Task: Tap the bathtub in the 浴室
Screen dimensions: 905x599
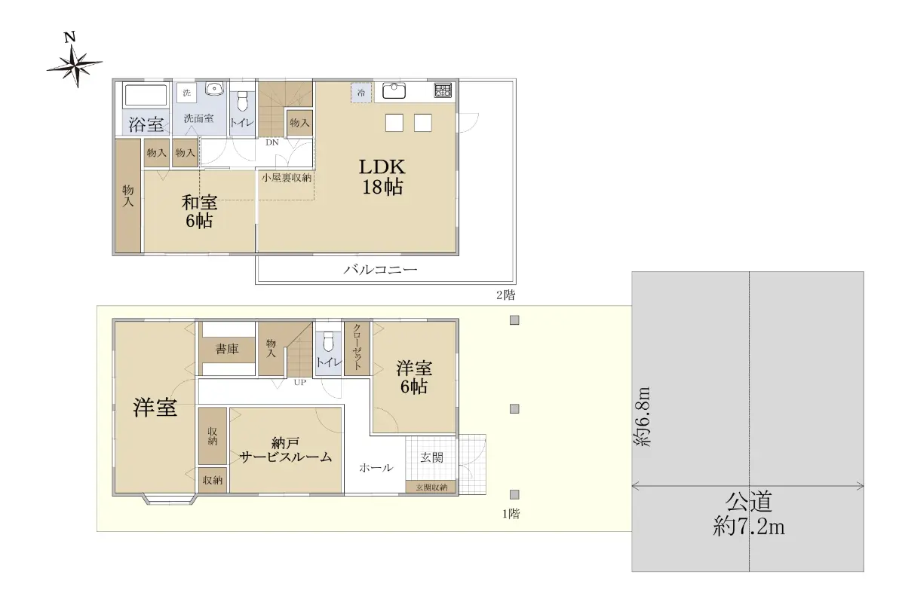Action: coord(146,95)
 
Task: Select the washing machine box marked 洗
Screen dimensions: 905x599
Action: coord(187,93)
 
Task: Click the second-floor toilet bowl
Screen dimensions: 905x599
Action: coord(242,101)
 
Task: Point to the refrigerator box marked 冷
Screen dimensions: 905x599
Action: coord(360,93)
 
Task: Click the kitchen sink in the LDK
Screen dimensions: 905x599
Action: coord(394,91)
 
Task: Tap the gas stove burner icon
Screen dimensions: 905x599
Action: coord(443,90)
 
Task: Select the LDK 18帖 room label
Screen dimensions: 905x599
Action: coord(382,177)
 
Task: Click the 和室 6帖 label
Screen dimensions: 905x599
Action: coord(199,212)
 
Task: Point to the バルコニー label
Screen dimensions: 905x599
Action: coord(380,269)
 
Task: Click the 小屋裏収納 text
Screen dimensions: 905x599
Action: coord(287,178)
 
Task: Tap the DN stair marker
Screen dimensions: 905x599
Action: coord(272,142)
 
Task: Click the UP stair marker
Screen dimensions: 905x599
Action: coord(300,382)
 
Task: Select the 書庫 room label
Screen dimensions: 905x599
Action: coord(227,349)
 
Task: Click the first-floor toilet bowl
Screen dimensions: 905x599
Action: coord(329,341)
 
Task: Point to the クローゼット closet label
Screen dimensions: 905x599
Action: coord(357,347)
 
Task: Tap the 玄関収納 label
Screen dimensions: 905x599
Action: coord(431,487)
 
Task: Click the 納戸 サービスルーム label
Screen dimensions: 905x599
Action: coord(286,450)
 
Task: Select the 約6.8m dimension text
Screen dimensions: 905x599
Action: coord(643,417)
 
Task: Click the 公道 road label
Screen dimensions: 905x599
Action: coord(749,502)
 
